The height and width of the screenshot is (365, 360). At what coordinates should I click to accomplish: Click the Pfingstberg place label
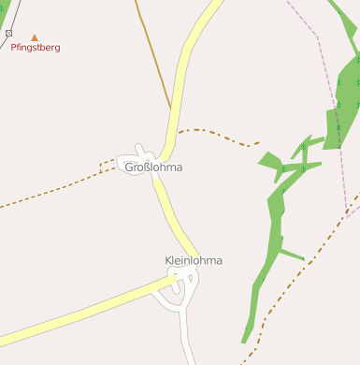(x=36, y=48)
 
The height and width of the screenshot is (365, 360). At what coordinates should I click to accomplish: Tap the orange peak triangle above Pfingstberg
(x=36, y=37)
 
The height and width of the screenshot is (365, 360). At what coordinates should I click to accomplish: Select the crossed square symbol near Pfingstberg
(x=9, y=33)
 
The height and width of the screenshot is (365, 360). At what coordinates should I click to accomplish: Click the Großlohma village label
(x=153, y=168)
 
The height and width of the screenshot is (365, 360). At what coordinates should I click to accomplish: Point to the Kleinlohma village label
(x=194, y=260)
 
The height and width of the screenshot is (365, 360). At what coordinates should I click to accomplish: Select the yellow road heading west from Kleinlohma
(x=84, y=311)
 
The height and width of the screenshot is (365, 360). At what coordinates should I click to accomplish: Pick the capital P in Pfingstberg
(x=14, y=48)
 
